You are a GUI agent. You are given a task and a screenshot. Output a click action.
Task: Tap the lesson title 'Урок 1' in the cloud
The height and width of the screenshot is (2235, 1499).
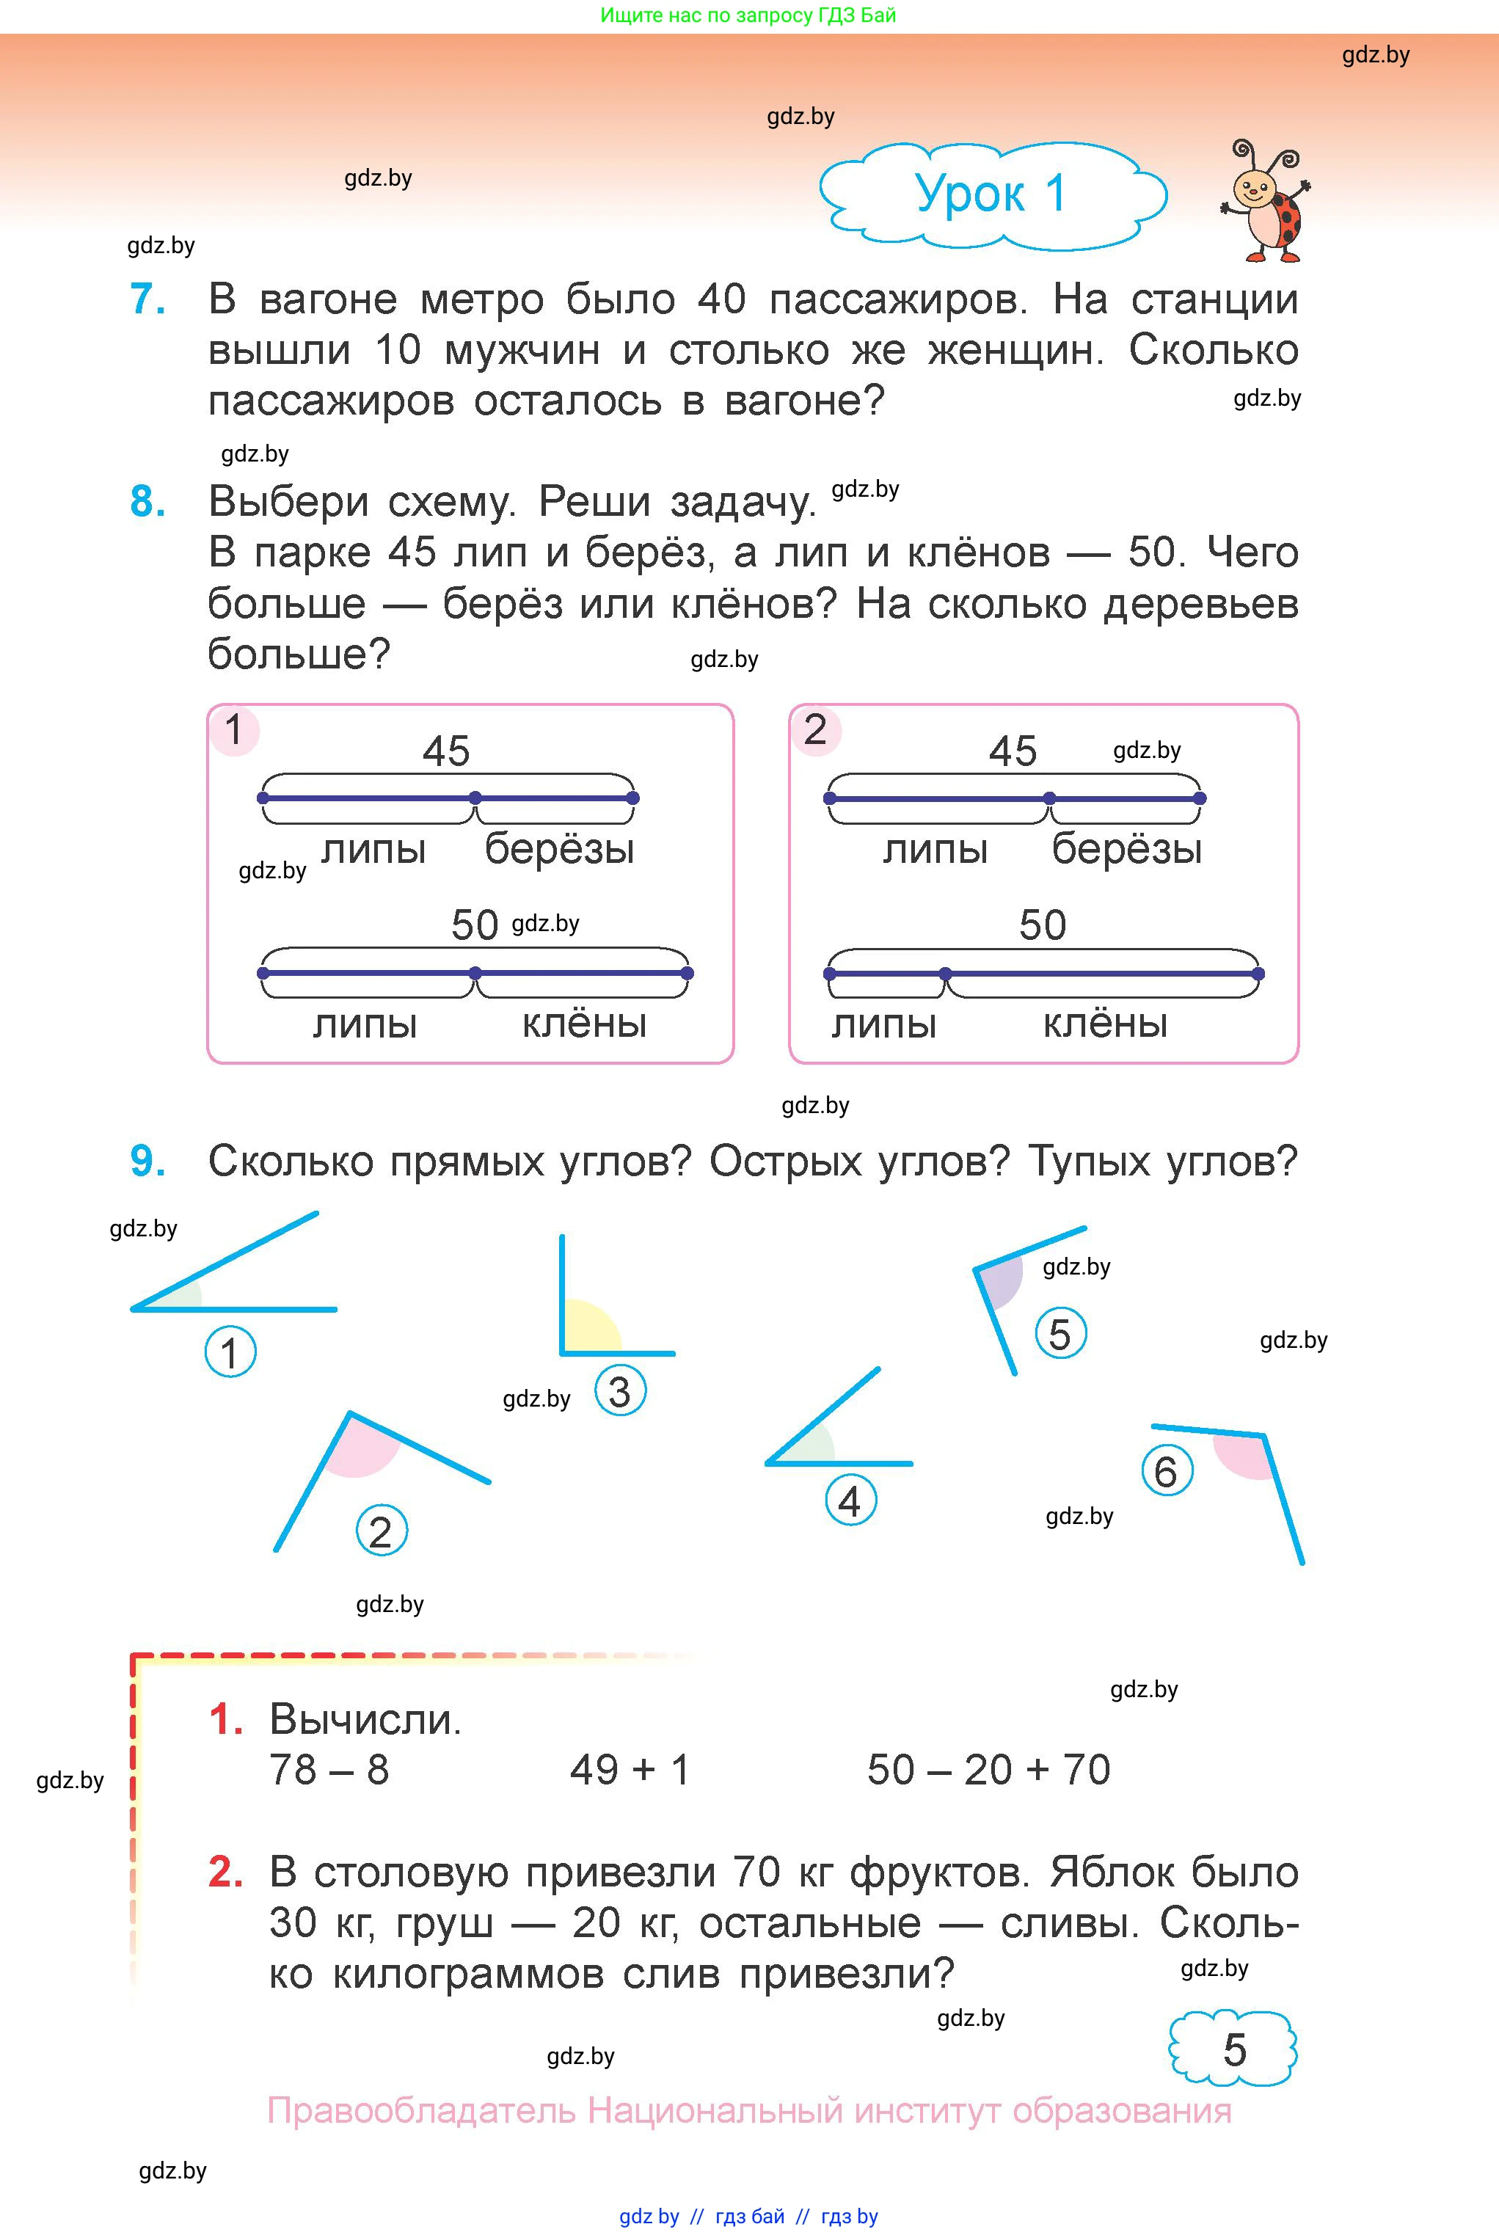click(991, 194)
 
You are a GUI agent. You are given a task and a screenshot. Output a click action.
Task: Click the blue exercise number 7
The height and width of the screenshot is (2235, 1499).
click(147, 299)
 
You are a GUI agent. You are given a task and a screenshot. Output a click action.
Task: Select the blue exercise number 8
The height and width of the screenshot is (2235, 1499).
click(147, 502)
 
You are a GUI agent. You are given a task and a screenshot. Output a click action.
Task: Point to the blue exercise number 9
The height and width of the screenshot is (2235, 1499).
click(147, 1162)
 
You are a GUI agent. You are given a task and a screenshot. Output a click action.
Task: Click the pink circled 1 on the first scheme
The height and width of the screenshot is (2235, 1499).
click(234, 730)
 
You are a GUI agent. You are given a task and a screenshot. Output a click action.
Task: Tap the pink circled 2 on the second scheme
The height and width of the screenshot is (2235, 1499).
click(815, 730)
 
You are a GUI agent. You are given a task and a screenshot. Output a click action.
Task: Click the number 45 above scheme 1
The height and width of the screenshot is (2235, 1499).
click(446, 751)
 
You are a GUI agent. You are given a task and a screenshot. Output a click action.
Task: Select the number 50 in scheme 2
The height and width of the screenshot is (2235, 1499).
click(1042, 925)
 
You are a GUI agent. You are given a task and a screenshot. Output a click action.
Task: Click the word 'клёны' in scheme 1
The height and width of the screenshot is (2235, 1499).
click(584, 1024)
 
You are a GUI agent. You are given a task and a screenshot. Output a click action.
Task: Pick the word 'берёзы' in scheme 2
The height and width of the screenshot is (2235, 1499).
click(1126, 849)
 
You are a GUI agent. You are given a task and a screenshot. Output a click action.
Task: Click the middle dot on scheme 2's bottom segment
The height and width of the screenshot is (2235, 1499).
click(946, 974)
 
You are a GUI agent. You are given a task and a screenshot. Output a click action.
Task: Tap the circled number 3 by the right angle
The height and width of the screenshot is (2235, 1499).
click(621, 1392)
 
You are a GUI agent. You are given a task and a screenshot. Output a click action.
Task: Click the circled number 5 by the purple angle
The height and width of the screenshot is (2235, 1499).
click(1060, 1335)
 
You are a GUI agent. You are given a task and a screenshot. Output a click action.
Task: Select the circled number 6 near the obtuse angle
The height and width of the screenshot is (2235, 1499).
click(1167, 1472)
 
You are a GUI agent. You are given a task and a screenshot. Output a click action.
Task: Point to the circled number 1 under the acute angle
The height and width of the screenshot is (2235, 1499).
click(230, 1352)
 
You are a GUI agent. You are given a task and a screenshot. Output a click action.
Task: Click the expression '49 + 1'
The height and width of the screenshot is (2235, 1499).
click(630, 1771)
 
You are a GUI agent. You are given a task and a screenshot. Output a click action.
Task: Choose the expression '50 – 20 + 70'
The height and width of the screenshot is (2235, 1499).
click(988, 1771)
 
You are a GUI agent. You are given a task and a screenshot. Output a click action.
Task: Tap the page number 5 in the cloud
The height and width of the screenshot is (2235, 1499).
click(1234, 2049)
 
